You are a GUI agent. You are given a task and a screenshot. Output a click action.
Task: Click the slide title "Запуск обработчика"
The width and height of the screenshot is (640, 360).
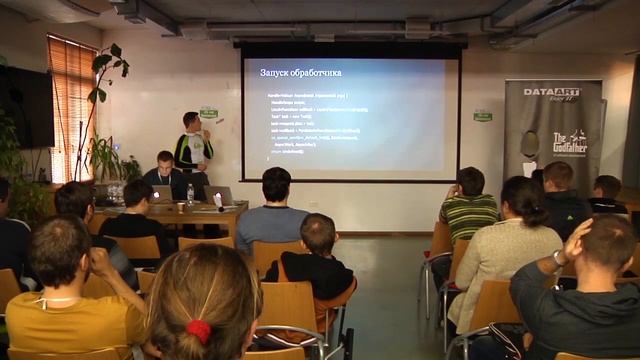(x=300, y=73)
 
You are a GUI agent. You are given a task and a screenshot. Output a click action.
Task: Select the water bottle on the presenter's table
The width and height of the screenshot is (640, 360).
(x=190, y=193)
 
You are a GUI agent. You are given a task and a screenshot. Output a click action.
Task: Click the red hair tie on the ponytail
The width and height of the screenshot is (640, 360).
(x=199, y=331)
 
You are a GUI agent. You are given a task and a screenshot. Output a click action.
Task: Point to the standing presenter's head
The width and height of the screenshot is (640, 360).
(x=191, y=122)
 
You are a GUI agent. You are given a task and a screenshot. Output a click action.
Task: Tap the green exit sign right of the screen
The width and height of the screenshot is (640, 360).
(x=483, y=115)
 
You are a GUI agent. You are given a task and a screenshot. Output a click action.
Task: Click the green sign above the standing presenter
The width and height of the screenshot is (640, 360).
(x=208, y=112)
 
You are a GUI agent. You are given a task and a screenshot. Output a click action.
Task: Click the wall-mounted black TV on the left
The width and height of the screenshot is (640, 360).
(x=26, y=106)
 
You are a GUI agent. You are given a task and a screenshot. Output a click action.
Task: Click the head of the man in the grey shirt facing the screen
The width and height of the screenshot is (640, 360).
(x=275, y=186)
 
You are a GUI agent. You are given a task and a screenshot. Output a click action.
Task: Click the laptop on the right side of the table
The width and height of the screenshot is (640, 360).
(x=219, y=195)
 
